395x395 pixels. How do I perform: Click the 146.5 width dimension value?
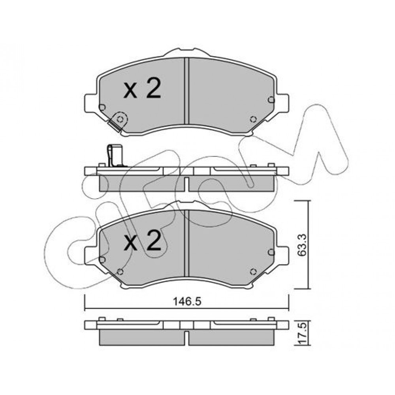(x=187, y=301)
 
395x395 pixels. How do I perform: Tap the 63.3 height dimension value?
(x=302, y=245)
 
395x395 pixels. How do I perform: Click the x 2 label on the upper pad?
(x=142, y=88)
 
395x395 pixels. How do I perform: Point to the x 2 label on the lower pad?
(x=142, y=241)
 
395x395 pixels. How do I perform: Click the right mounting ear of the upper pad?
(x=283, y=103)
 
